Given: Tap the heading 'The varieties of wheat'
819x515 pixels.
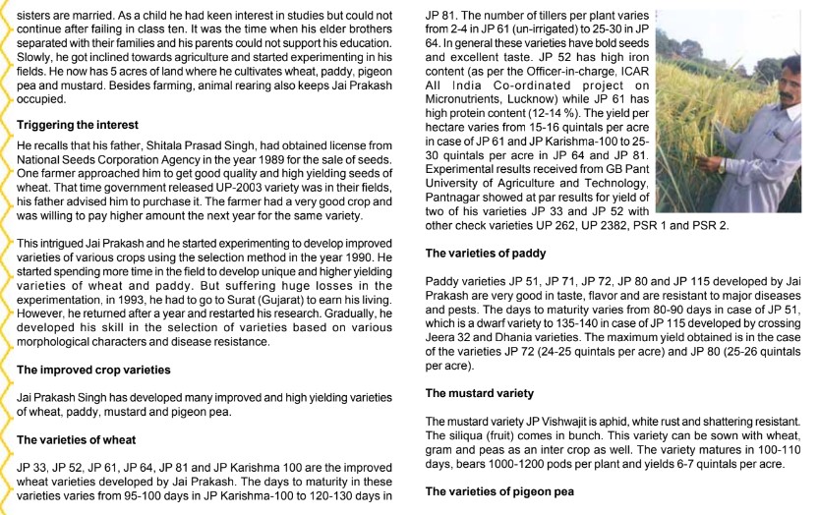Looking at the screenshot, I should [x=77, y=439].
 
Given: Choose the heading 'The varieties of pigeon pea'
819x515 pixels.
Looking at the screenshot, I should [x=497, y=490].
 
